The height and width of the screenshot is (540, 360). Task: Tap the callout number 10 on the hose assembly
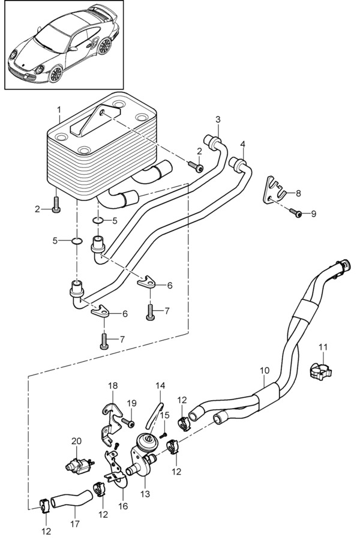[265, 371]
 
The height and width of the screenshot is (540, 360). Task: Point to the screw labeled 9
[296, 212]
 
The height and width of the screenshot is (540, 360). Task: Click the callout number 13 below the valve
[145, 494]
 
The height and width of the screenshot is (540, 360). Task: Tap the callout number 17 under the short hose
[75, 524]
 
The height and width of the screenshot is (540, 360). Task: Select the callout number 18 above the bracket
[113, 385]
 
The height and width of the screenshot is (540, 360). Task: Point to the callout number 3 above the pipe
[218, 119]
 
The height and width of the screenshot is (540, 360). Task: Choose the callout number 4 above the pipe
[243, 144]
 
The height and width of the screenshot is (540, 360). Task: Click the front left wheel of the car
[55, 74]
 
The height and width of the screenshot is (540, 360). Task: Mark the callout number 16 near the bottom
[123, 506]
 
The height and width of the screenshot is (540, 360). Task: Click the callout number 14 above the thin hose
[160, 385]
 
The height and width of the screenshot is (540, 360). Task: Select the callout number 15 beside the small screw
[165, 415]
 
